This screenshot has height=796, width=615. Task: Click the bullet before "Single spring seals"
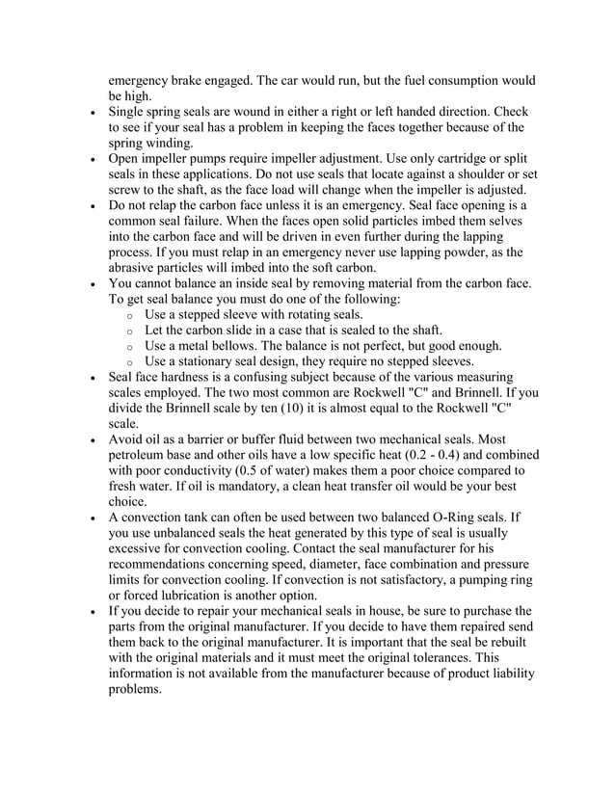90,113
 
